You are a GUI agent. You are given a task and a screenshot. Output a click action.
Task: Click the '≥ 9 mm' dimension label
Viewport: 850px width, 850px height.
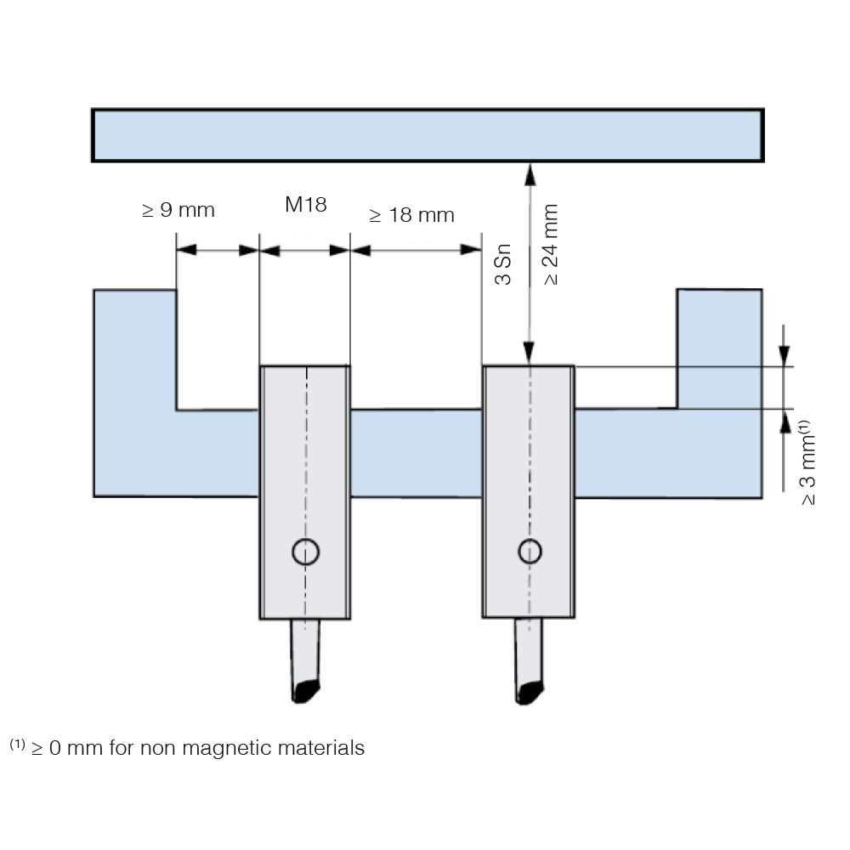point(178,210)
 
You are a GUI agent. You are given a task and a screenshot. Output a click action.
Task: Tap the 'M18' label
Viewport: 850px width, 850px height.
point(306,204)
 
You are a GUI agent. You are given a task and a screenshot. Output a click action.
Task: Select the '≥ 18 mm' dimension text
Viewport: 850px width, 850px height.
point(411,215)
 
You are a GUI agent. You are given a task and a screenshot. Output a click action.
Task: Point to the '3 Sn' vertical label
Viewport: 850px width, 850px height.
point(503,264)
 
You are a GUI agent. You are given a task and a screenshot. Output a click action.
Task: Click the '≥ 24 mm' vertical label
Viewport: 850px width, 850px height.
point(550,245)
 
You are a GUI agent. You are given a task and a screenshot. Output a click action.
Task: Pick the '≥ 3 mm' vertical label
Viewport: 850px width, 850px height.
point(807,462)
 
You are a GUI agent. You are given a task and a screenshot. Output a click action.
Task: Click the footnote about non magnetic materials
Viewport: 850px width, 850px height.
point(187,747)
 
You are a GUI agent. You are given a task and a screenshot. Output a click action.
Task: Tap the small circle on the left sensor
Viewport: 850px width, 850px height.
point(306,552)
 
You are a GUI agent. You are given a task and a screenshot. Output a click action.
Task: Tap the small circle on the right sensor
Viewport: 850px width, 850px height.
point(530,552)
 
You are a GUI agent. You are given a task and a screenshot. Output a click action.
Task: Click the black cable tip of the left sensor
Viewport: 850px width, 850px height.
point(304,692)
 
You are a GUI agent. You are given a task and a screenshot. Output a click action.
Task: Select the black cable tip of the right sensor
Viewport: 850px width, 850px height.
point(529,694)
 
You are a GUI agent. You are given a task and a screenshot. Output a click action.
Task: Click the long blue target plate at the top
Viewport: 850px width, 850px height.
point(428,135)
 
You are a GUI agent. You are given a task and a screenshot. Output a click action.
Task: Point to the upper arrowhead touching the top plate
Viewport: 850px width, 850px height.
point(530,174)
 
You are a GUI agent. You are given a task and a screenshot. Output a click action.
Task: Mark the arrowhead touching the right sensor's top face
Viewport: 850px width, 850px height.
point(529,354)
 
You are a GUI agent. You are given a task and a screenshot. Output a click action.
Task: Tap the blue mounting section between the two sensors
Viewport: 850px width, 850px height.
point(416,453)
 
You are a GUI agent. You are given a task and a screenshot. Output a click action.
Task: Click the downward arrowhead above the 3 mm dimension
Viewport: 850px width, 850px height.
point(785,356)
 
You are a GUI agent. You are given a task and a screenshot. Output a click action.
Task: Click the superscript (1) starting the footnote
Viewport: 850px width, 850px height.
point(17,744)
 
